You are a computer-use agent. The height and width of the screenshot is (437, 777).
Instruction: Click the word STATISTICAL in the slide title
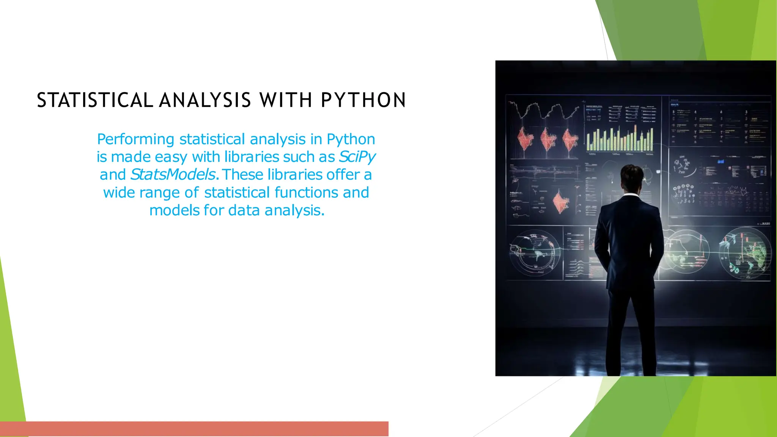[95, 100]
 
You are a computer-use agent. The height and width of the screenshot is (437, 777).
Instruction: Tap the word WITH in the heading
[285, 100]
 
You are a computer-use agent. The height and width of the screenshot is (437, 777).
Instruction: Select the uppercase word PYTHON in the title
[363, 100]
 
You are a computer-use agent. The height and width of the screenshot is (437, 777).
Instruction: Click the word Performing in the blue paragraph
[135, 139]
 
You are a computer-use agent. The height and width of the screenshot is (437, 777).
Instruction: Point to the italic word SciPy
[357, 157]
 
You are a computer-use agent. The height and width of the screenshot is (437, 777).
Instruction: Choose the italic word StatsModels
[173, 175]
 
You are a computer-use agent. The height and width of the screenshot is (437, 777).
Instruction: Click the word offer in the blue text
[343, 175]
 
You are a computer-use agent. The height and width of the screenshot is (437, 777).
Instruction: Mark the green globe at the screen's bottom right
[745, 254]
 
